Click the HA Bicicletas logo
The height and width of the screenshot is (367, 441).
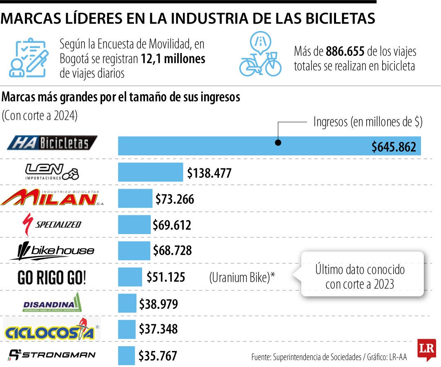pyautogui.click(x=52, y=143)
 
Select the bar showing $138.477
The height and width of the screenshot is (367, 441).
pyautogui.click(x=150, y=172)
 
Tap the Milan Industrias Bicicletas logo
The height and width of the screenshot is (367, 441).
pyautogui.click(x=49, y=198)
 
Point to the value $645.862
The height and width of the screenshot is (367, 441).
pyautogui.click(x=394, y=147)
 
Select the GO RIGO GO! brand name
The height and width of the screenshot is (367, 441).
pyautogui.click(x=52, y=278)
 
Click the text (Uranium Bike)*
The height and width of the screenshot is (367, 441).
pyautogui.click(x=242, y=278)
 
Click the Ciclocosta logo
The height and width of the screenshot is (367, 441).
pyautogui.click(x=51, y=329)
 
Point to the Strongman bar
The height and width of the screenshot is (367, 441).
pyautogui.click(x=126, y=355)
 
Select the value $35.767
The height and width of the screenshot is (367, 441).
pyautogui.click(x=158, y=356)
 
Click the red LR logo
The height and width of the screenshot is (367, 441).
pyautogui.click(x=426, y=349)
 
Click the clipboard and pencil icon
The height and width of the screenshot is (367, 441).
pyautogui.click(x=29, y=58)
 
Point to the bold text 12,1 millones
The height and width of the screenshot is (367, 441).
pyautogui.click(x=173, y=59)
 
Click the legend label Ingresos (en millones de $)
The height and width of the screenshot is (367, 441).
pyautogui.click(x=367, y=122)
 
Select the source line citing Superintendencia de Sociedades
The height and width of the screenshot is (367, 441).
pyautogui.click(x=329, y=356)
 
